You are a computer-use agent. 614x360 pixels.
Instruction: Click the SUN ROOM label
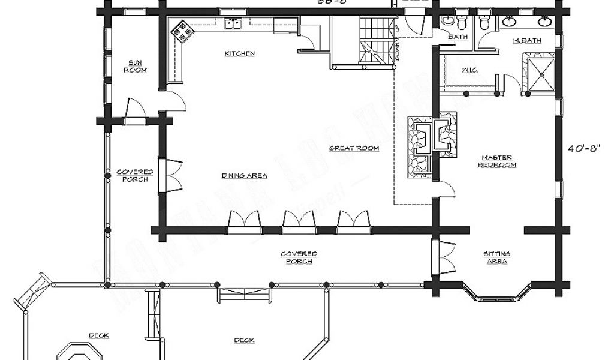point(136,66)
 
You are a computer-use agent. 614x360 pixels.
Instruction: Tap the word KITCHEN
point(240,53)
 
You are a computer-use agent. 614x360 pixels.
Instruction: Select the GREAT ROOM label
point(354,148)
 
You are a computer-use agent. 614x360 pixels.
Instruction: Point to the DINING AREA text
point(244,176)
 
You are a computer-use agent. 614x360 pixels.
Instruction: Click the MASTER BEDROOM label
point(497,161)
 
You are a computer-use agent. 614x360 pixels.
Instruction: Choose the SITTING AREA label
point(496,257)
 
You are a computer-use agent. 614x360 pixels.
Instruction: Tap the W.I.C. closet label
point(469,70)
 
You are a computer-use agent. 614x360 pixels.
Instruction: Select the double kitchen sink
point(233,24)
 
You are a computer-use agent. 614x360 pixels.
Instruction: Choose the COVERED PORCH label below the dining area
point(299,257)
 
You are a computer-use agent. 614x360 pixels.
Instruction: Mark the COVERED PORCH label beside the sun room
point(135,175)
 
